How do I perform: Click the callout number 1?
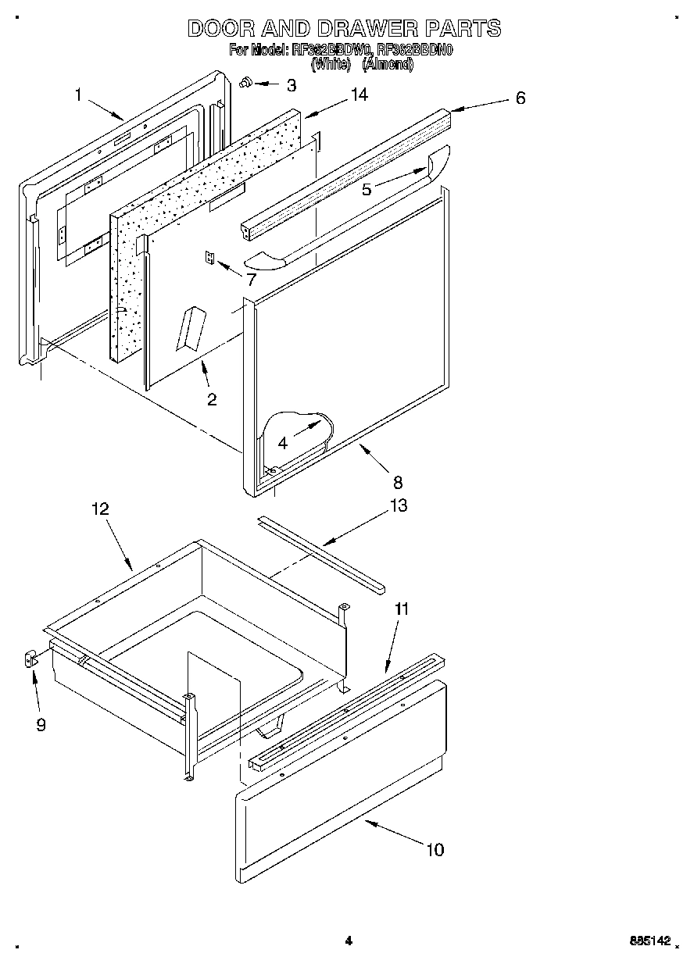pyautogui.click(x=78, y=95)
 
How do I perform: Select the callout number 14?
pyautogui.click(x=358, y=94)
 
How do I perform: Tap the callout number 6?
pyautogui.click(x=520, y=98)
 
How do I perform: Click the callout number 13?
pyautogui.click(x=398, y=506)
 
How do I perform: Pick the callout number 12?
pyautogui.click(x=100, y=509)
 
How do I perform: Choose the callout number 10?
pyautogui.click(x=435, y=849)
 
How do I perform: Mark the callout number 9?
pyautogui.click(x=41, y=725)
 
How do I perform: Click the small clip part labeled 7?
pyautogui.click(x=209, y=257)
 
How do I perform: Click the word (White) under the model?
pyautogui.click(x=330, y=66)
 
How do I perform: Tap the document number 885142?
pyautogui.click(x=648, y=941)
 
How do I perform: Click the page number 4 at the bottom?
pyautogui.click(x=349, y=941)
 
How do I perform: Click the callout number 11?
pyautogui.click(x=401, y=609)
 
